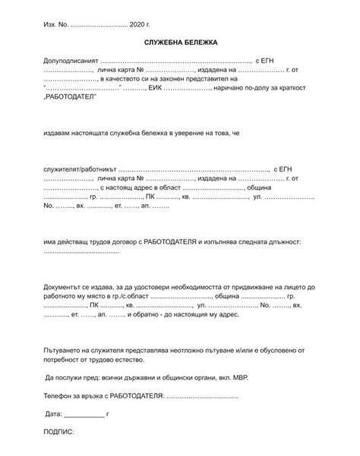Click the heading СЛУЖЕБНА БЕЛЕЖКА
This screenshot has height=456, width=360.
[180, 43]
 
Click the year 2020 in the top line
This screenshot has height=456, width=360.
[137, 25]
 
